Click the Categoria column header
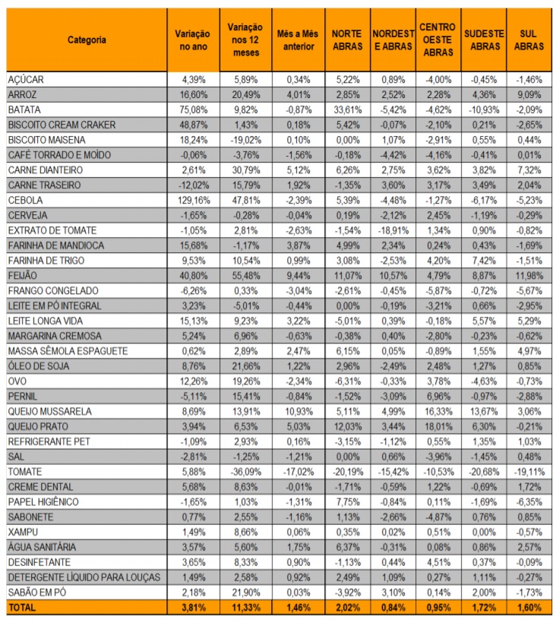87,40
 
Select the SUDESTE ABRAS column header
484,40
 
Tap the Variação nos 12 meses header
245,40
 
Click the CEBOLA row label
25,201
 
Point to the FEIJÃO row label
23,276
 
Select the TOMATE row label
25,472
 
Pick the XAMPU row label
23,532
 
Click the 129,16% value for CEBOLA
194,201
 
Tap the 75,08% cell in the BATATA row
194,109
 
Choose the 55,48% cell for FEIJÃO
246,276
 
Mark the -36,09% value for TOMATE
246,472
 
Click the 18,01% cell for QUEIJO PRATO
438,427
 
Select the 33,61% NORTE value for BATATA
348,109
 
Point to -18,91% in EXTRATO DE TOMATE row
393,230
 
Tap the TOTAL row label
22,608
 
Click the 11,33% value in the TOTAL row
246,608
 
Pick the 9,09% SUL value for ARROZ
529,94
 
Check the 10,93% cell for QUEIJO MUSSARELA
299,412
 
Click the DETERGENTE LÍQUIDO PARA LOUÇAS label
84,577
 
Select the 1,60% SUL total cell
529,608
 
